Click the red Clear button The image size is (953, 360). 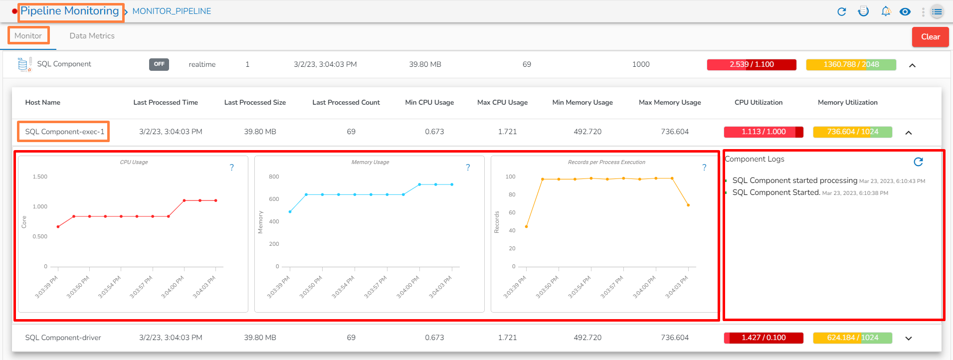point(930,37)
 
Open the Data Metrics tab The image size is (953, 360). point(92,36)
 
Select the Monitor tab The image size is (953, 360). point(28,36)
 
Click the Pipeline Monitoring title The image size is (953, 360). point(70,11)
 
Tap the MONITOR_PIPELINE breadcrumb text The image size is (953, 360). point(172,11)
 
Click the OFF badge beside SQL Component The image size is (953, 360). point(159,64)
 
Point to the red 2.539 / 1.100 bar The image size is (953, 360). point(752,64)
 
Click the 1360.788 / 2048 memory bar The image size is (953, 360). point(851,64)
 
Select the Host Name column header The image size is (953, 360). point(43,102)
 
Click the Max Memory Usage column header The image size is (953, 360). point(670,102)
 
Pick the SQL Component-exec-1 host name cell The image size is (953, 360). point(65,132)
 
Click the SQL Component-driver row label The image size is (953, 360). point(63,338)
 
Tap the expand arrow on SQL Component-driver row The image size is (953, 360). point(909,338)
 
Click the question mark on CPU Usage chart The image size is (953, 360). point(231,168)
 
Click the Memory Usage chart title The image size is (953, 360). point(370,162)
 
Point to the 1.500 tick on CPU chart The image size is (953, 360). point(40,177)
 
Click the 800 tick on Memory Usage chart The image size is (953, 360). point(274,177)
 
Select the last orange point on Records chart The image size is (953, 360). point(688,205)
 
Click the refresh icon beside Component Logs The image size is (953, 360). point(918,162)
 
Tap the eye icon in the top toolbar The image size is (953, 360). point(905,11)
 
